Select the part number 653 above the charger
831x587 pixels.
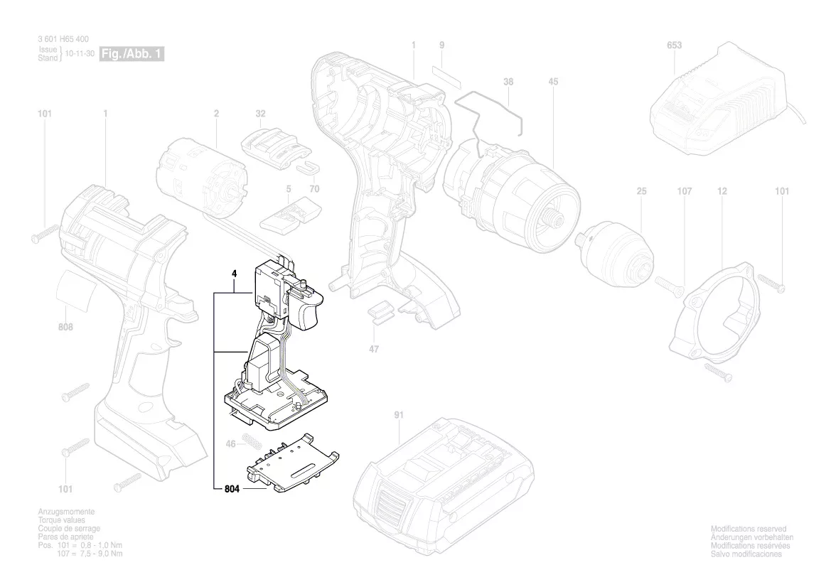coord(674,45)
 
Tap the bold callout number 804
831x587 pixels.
coord(231,489)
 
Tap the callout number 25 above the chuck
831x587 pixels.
coord(641,192)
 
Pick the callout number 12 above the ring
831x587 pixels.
coord(722,192)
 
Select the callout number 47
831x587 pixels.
coord(374,349)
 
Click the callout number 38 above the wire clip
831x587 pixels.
coord(508,82)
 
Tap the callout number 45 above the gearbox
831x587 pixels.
coord(553,82)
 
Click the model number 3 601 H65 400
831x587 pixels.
coord(63,40)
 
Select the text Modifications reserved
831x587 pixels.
coord(748,529)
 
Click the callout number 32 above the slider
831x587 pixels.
coord(260,114)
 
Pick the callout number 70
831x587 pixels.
coord(313,190)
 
